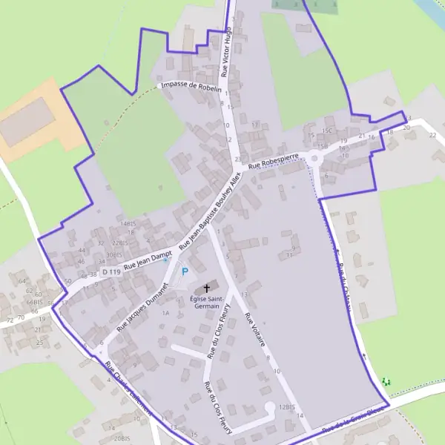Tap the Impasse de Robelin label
tap(191, 86)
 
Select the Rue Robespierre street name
tap(274, 161)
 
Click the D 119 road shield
tap(111, 272)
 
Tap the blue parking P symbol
tap(185, 272)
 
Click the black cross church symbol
tap(206, 288)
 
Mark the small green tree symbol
tap(385, 382)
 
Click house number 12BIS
tap(287, 407)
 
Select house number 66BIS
tap(34, 302)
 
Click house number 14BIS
tap(128, 223)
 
